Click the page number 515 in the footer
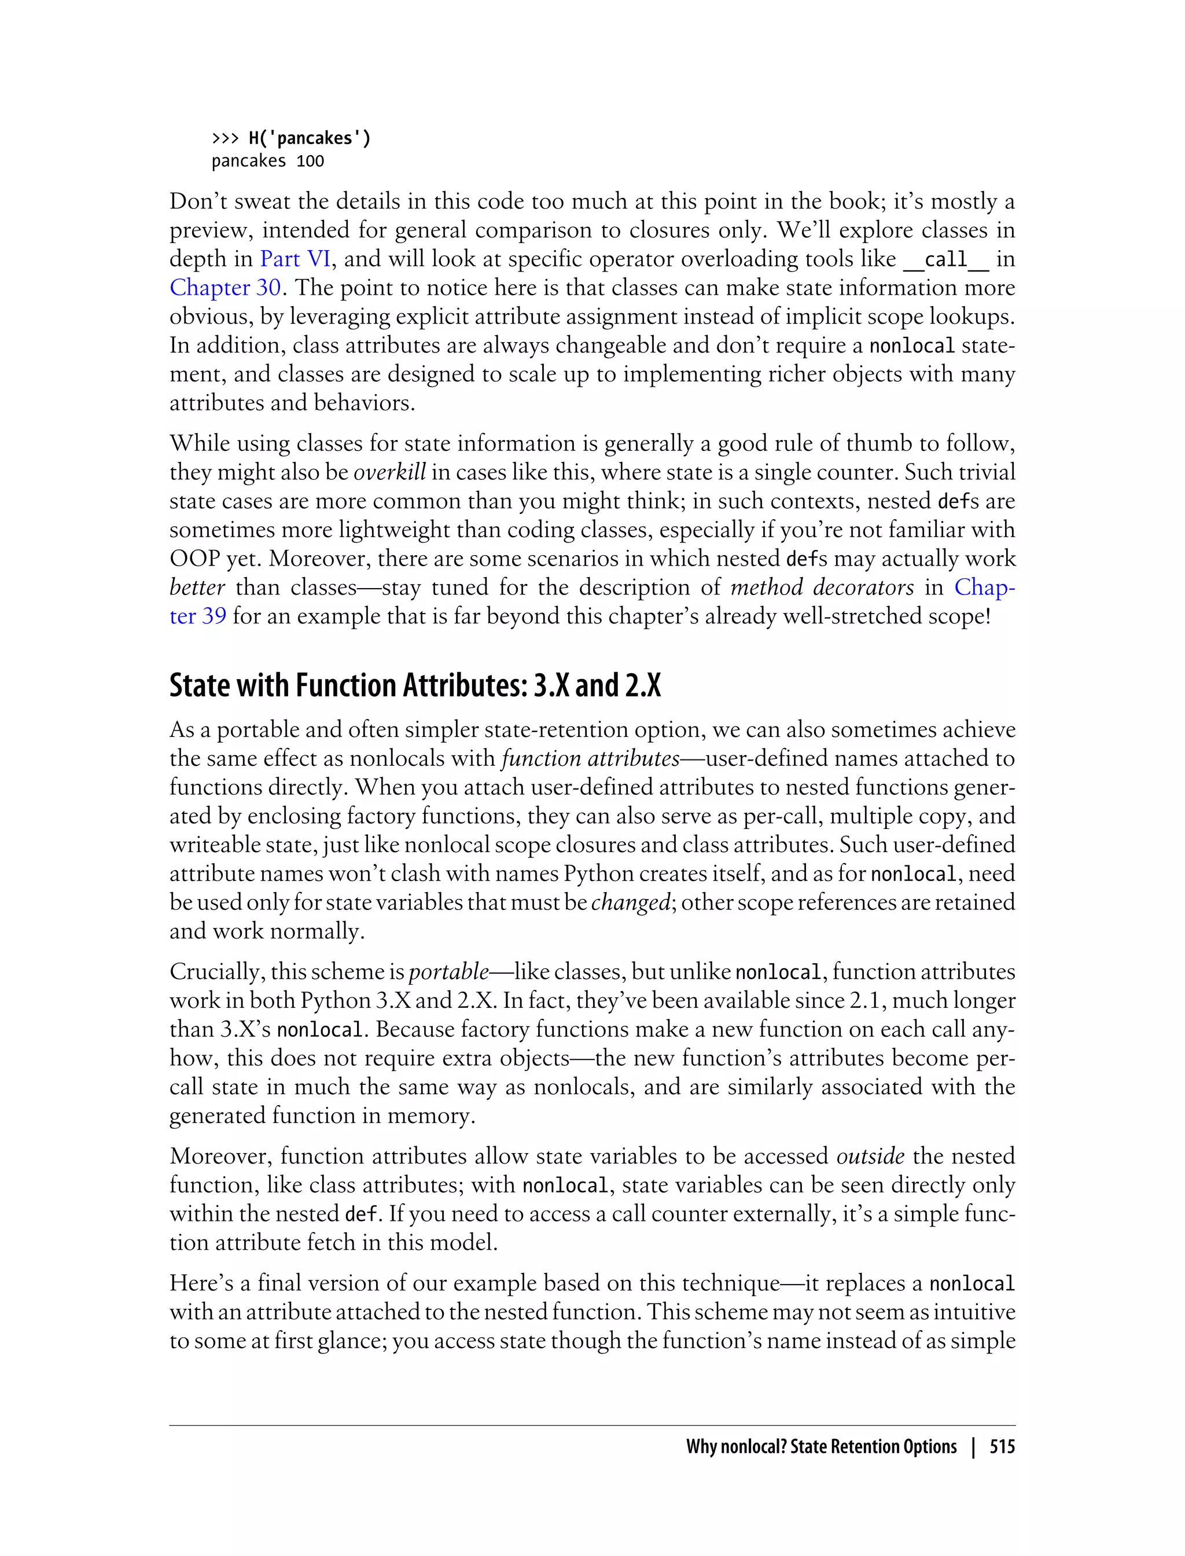[1002, 1447]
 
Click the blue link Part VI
[296, 259]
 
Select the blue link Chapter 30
[225, 288]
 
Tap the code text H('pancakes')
[310, 138]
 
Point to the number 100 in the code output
[310, 162]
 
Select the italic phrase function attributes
[590, 758]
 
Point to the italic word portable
[448, 972]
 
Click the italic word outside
[870, 1156]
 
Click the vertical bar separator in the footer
[973, 1447]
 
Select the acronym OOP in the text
[194, 559]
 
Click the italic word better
[197, 587]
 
